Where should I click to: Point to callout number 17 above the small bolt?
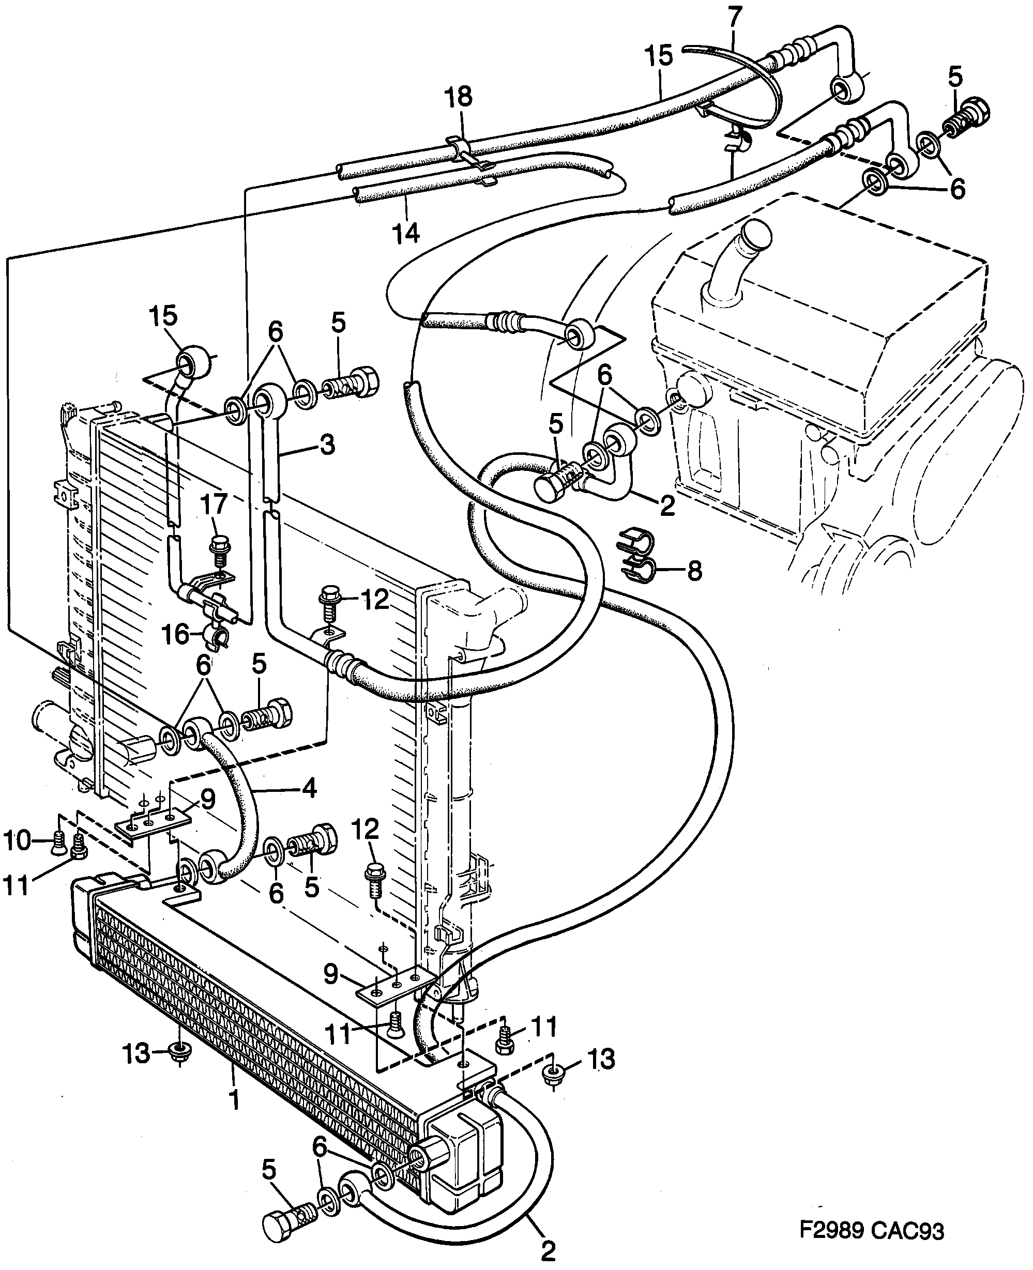click(x=214, y=505)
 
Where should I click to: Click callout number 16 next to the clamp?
click(x=176, y=635)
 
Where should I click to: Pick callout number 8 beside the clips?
click(x=694, y=571)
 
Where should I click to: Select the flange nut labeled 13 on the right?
click(x=552, y=1076)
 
